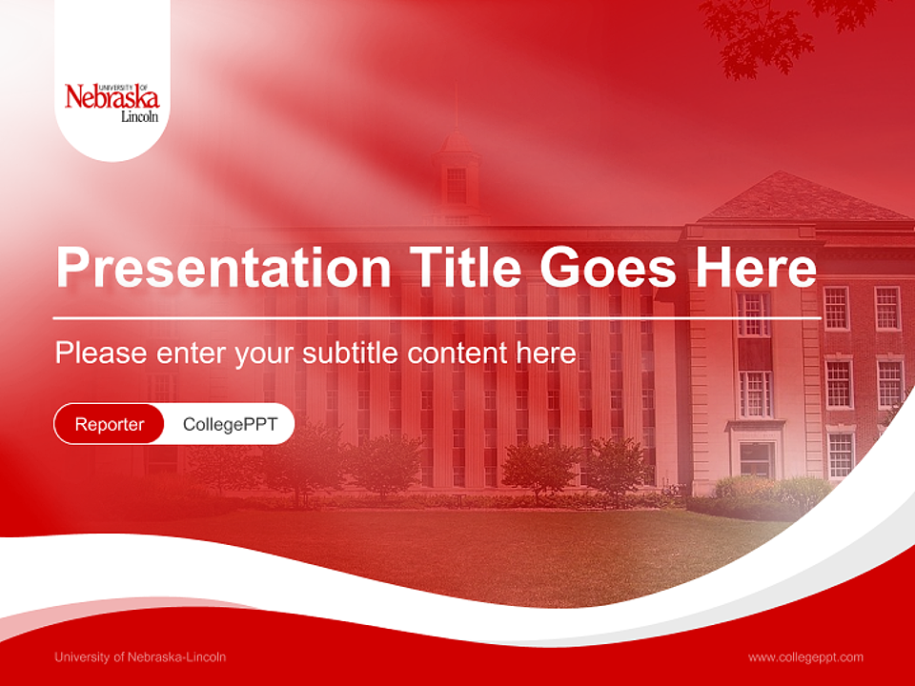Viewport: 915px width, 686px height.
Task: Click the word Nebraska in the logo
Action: [112, 97]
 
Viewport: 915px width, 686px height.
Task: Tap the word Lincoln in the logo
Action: [139, 117]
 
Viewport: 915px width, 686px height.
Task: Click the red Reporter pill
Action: [110, 424]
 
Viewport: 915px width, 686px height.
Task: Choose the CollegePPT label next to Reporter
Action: [230, 424]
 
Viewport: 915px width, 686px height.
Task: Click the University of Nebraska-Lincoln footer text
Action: [140, 656]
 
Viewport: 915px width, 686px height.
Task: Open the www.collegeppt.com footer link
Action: [805, 656]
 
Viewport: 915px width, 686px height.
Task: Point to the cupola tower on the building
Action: [456, 171]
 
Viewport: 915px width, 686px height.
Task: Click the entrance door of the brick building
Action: [756, 459]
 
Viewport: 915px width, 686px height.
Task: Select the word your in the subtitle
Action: [268, 353]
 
